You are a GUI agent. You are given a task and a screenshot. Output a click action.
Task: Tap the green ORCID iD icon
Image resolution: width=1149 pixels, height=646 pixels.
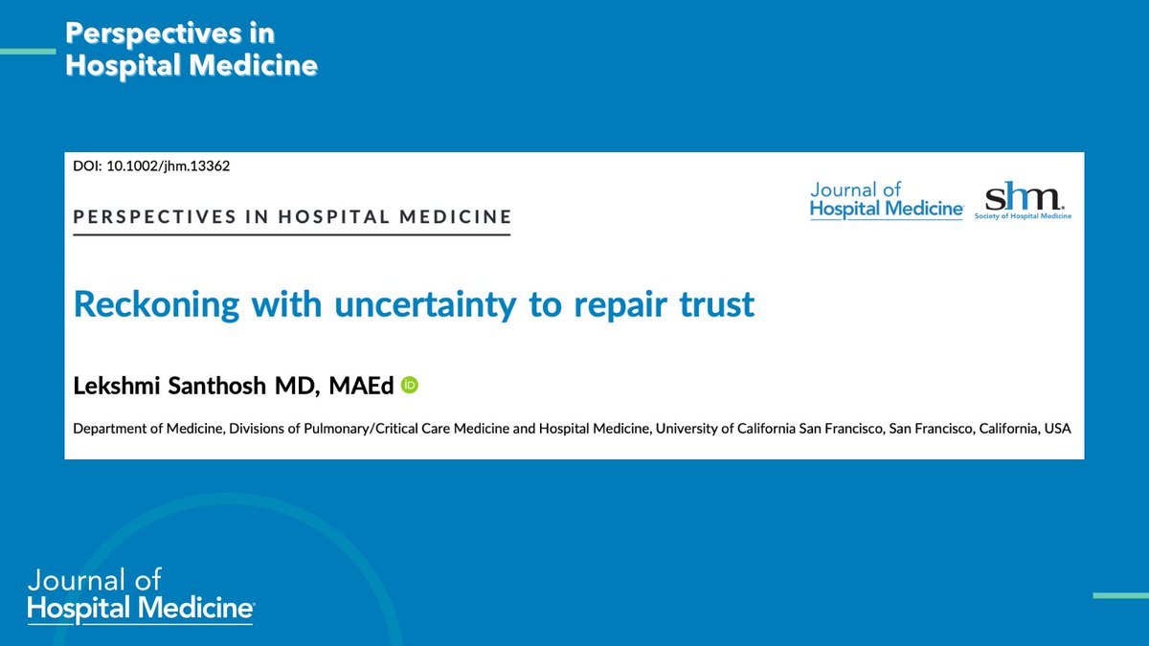[410, 386]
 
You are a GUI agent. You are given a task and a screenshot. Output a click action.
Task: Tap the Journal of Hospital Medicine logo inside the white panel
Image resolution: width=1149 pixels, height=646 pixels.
[886, 201]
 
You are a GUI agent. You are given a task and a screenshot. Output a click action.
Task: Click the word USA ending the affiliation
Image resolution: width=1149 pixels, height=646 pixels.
[1057, 429]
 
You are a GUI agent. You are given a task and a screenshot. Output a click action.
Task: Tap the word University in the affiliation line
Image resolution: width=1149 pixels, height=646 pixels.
[689, 429]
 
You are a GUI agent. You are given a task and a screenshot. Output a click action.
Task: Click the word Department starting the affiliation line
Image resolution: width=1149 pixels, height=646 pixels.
[107, 429]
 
